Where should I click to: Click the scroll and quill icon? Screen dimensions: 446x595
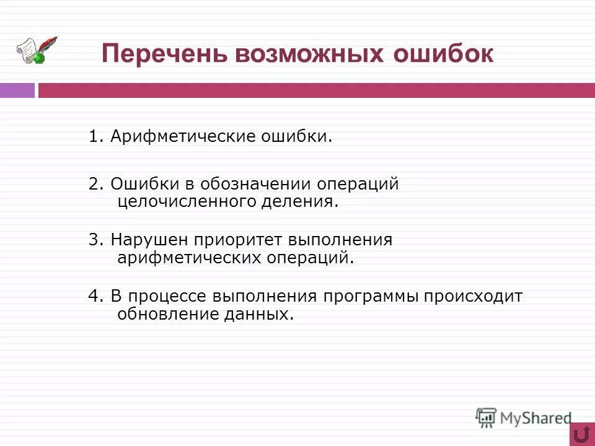click(x=36, y=50)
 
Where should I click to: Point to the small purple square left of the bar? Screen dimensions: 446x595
click(x=17, y=90)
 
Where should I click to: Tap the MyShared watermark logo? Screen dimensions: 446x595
click(x=524, y=418)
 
